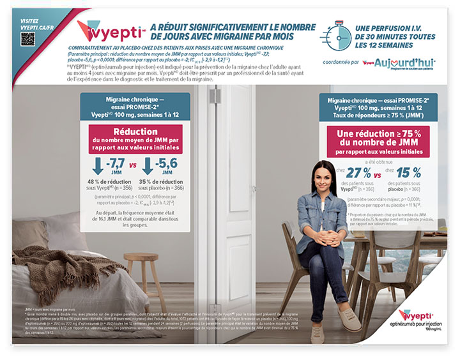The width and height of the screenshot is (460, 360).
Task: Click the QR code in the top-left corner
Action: pos(27,38)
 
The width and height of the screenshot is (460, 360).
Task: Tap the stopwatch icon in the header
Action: pos(335,35)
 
